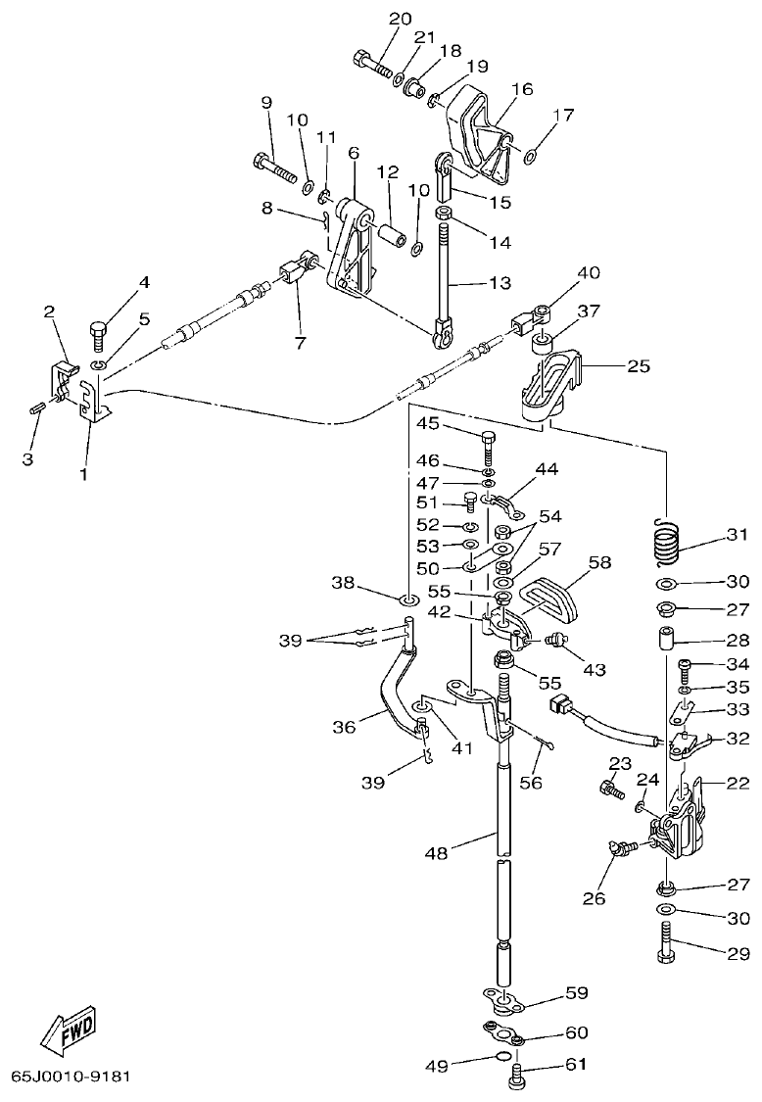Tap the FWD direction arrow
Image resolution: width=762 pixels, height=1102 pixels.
tap(69, 1030)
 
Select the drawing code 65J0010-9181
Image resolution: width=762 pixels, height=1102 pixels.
tap(70, 1076)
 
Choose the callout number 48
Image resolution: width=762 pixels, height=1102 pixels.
tap(437, 853)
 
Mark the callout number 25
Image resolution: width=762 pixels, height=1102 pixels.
tap(638, 366)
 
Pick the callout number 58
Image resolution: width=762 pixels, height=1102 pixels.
tap(598, 562)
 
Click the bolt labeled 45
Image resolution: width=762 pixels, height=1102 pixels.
tap(489, 447)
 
